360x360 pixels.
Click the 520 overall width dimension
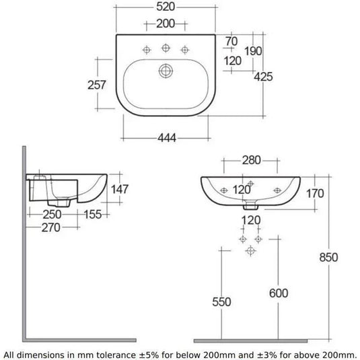pyautogui.click(x=166, y=8)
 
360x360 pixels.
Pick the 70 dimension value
pyautogui.click(x=231, y=41)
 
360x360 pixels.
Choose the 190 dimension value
pyautogui.click(x=254, y=50)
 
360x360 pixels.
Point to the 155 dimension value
pyautogui.click(x=94, y=214)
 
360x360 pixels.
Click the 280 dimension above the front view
pyautogui.click(x=252, y=160)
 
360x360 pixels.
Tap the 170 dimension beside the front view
pyautogui.click(x=316, y=194)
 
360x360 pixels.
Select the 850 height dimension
pyautogui.click(x=346, y=257)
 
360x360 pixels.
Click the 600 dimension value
pyautogui.click(x=280, y=293)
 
